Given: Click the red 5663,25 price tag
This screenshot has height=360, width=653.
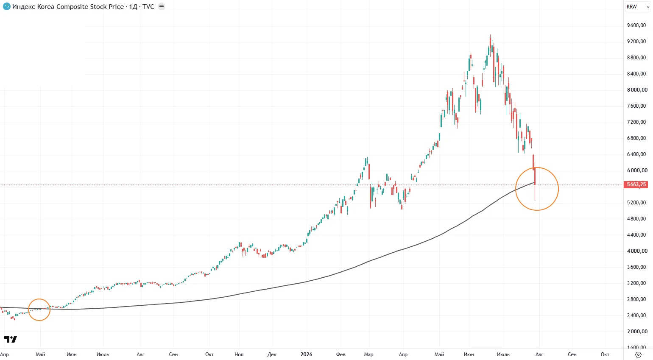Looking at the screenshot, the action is [x=636, y=184].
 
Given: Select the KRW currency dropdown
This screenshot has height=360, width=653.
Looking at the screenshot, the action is [x=638, y=7].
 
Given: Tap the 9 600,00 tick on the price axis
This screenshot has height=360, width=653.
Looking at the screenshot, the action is [x=636, y=25].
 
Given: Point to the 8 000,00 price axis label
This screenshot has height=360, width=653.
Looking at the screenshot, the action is [x=636, y=90].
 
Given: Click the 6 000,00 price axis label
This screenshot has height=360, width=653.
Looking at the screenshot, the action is [x=636, y=170].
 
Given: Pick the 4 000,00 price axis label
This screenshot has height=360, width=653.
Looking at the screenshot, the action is [x=636, y=251].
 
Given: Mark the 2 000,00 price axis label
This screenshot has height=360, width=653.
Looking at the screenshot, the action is [x=636, y=332].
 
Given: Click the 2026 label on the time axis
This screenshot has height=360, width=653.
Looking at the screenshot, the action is [x=306, y=354].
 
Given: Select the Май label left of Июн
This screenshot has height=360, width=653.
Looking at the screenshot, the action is [x=40, y=354].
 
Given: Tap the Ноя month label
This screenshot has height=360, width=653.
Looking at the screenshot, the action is [x=239, y=354].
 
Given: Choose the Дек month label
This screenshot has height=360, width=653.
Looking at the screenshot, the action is [x=272, y=354].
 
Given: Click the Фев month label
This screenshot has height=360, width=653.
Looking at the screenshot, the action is [x=340, y=354].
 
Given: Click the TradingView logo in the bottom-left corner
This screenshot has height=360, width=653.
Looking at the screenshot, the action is [x=11, y=339].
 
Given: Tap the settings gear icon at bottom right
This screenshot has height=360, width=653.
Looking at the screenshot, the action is [x=639, y=354].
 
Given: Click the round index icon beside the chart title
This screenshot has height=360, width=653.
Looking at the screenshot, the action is [x=6, y=6].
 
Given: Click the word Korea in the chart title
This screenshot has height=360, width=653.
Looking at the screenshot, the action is [x=46, y=7].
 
